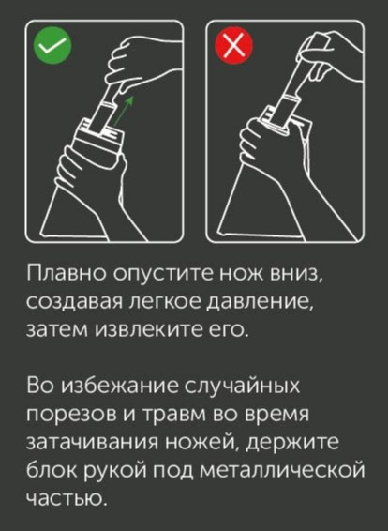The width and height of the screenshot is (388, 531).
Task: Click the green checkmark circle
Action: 52,46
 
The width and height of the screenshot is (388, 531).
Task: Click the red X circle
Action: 233,46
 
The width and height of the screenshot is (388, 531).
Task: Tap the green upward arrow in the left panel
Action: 123,111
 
